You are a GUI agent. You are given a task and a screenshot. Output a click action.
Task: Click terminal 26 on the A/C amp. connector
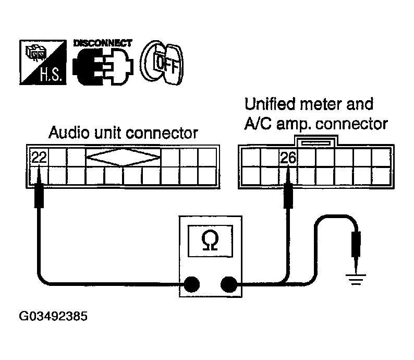[x=288, y=157]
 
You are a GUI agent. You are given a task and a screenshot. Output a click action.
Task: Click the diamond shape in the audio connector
[x=123, y=157]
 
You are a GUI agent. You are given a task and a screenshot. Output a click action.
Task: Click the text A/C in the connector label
[x=257, y=124]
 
